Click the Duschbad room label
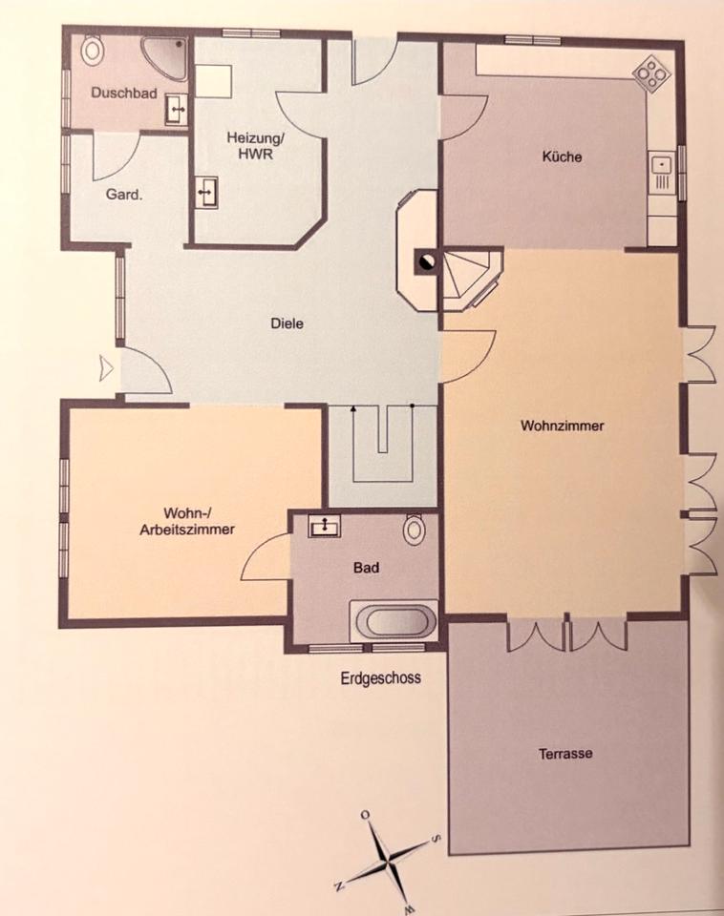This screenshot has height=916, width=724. [124, 93]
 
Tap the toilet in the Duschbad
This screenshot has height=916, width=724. [92, 49]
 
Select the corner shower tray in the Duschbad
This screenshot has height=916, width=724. [165, 58]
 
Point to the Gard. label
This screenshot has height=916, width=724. [124, 195]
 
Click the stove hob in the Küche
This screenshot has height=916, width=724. [651, 73]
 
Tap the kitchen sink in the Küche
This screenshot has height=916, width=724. [661, 173]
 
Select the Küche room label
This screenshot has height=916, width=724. [562, 156]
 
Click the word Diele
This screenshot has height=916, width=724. [287, 323]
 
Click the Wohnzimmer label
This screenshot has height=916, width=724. [562, 426]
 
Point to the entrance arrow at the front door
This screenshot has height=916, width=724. [106, 368]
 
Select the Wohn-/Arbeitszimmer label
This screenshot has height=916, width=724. [187, 521]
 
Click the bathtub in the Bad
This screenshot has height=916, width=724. [394, 620]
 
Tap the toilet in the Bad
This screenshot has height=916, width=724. [415, 529]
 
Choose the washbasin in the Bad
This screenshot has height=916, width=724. [325, 526]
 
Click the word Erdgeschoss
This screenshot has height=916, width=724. [381, 677]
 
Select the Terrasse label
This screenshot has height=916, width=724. [565, 753]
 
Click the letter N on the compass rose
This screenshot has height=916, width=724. [340, 886]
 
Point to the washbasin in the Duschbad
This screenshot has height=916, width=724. [176, 109]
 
